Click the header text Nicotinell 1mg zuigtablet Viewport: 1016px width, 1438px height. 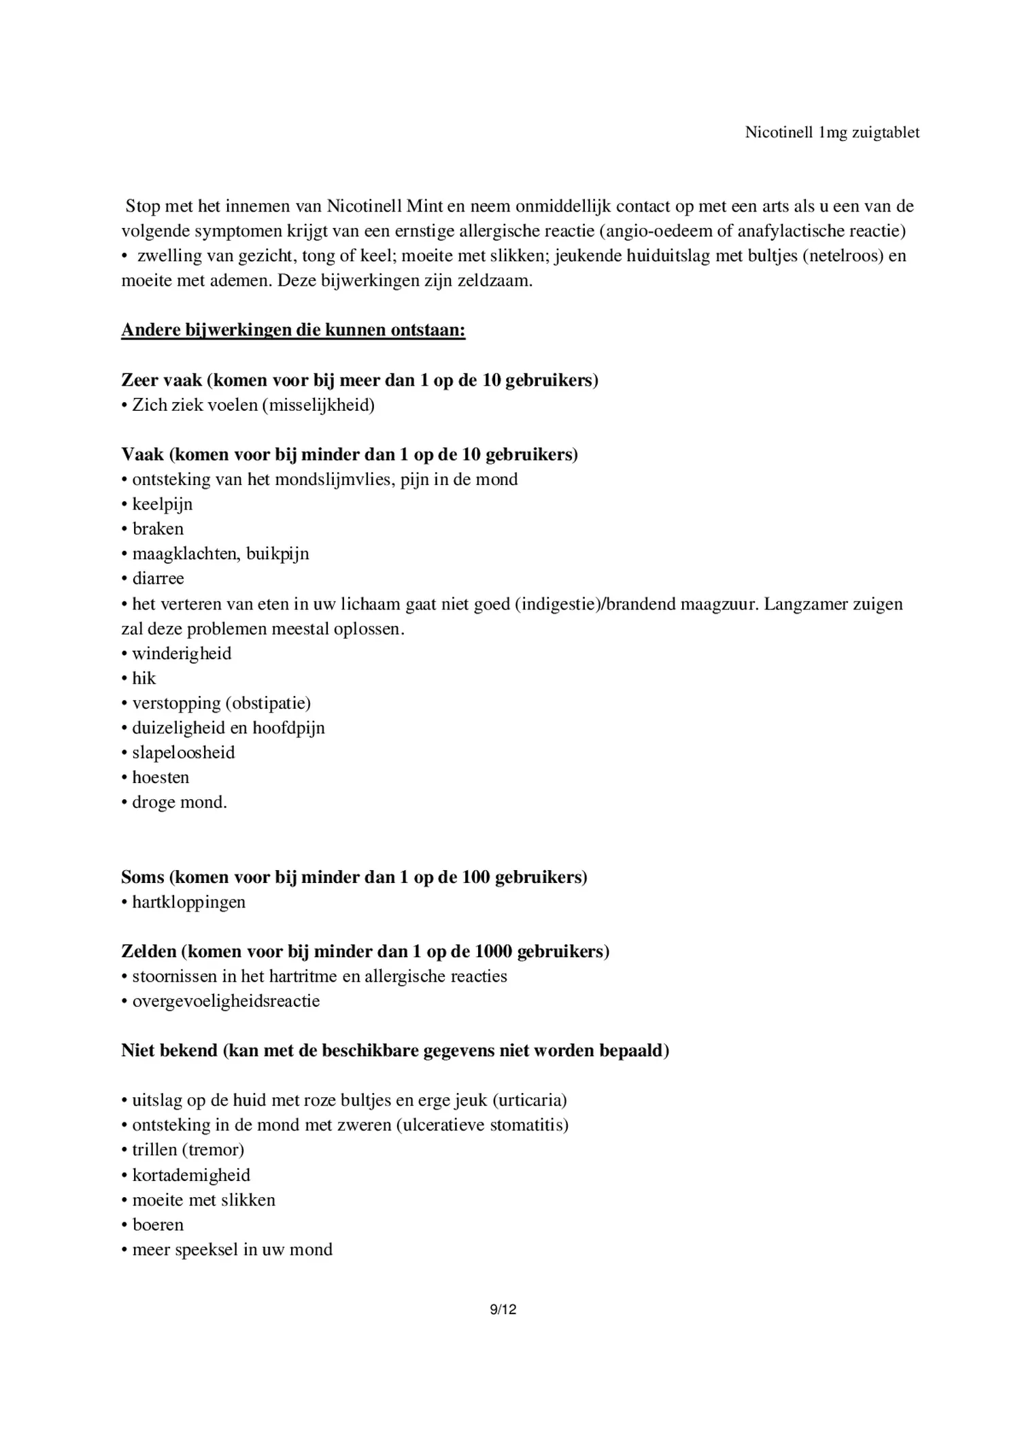click(832, 132)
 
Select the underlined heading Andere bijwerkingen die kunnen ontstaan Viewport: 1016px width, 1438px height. click(293, 330)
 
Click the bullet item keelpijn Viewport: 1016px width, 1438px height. click(163, 504)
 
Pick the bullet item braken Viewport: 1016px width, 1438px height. click(158, 529)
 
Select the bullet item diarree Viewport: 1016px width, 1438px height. click(158, 578)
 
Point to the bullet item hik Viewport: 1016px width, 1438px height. click(144, 678)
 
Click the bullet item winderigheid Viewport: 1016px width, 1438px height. click(182, 653)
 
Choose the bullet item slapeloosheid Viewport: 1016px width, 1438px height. click(184, 752)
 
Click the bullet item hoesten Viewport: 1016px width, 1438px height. click(160, 777)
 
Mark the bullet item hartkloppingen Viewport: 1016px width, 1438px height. click(189, 902)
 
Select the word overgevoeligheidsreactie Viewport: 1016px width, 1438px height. click(226, 1001)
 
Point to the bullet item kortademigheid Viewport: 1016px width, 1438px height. click(191, 1175)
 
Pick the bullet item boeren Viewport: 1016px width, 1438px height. click(158, 1224)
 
